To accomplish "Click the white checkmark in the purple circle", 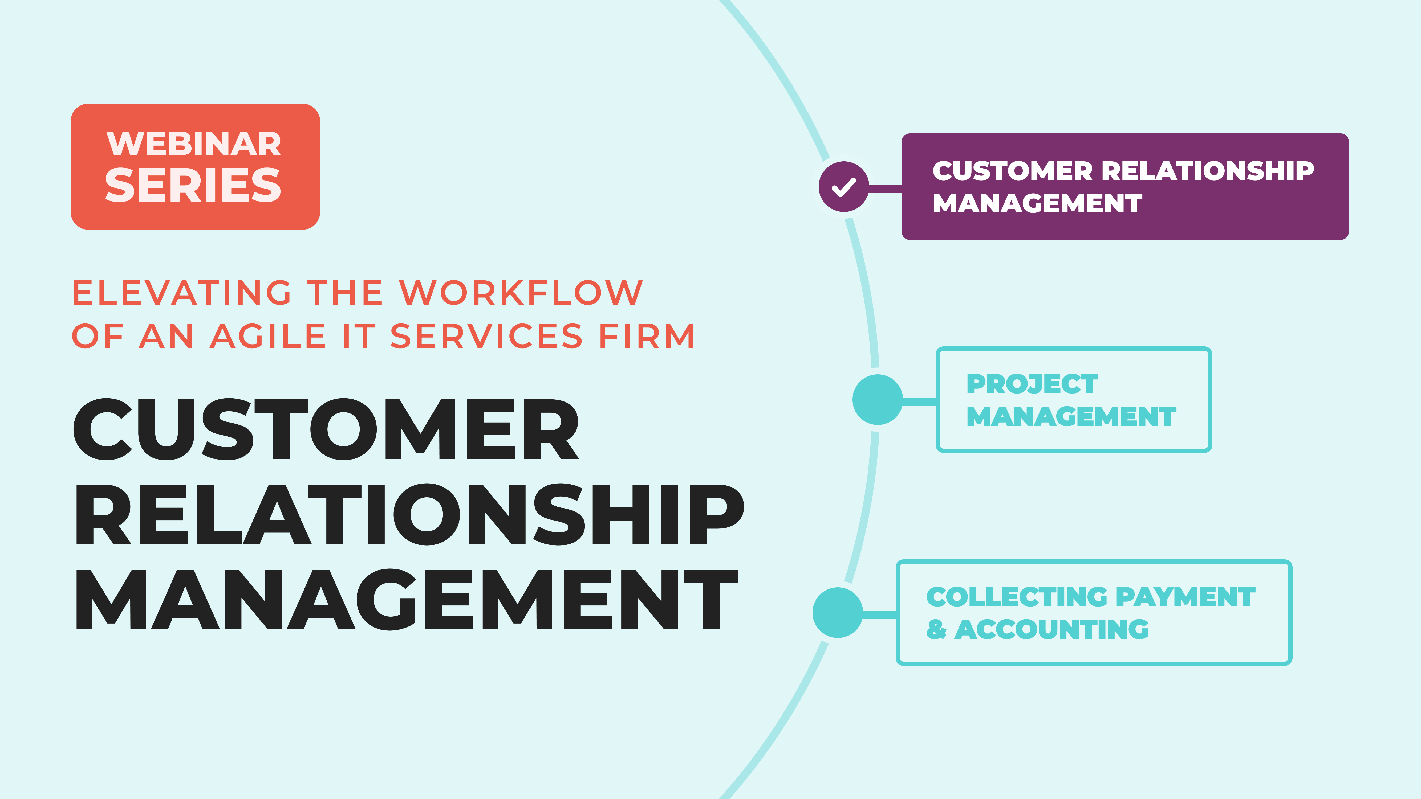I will [x=843, y=187].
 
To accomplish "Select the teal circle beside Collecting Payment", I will [x=837, y=613].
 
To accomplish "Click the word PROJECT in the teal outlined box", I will [x=1032, y=384].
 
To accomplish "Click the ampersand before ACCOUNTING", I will [x=936, y=629].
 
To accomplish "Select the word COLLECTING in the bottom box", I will [x=1017, y=597].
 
